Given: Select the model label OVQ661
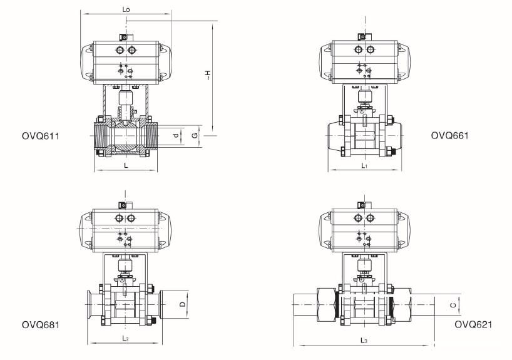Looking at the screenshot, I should pos(450,135).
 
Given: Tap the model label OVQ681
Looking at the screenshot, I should pos(40,324).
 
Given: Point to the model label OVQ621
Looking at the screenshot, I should pos(473,324).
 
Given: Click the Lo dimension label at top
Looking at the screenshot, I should pos(128,9).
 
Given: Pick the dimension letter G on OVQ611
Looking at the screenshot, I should pos(195,135).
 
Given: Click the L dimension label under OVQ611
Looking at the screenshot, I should pos(126,165).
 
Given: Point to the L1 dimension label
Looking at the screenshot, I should pos(364,165).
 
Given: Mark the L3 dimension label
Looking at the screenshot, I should pos(364,339).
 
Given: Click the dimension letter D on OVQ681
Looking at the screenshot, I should pos(182,305).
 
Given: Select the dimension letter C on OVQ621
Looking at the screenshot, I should pos(453,306).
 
